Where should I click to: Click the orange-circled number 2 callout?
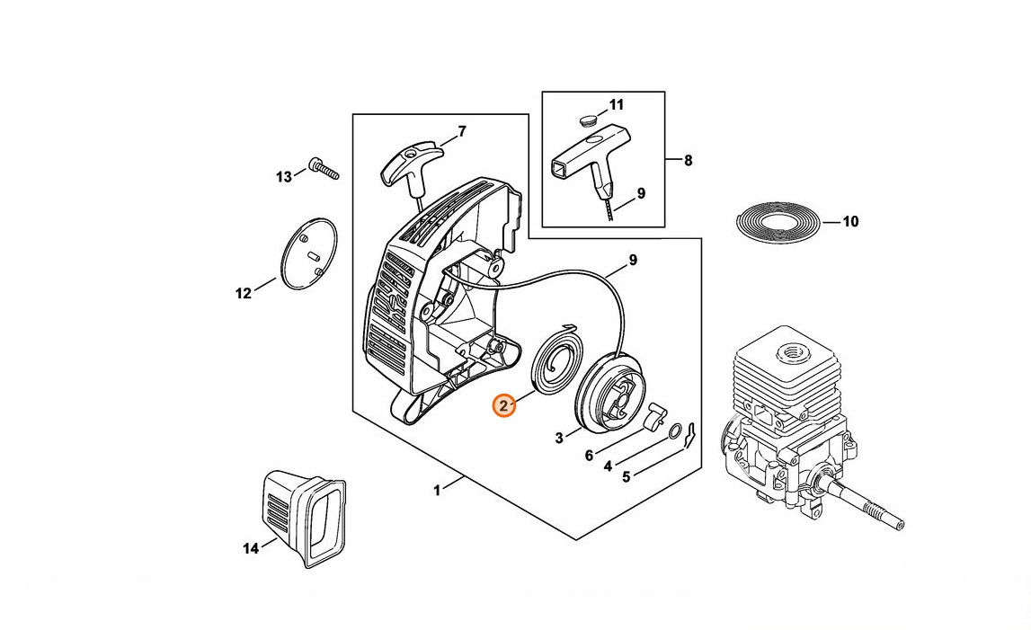tap(503, 406)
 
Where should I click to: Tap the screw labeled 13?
tap(323, 168)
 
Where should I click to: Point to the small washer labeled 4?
tap(673, 435)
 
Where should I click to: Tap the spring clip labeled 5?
tap(690, 435)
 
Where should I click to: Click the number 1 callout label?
tap(437, 490)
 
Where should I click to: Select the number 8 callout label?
tap(688, 161)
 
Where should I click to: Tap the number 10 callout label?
tap(850, 221)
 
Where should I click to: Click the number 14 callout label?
tap(250, 547)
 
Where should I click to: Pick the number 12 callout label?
tap(244, 293)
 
